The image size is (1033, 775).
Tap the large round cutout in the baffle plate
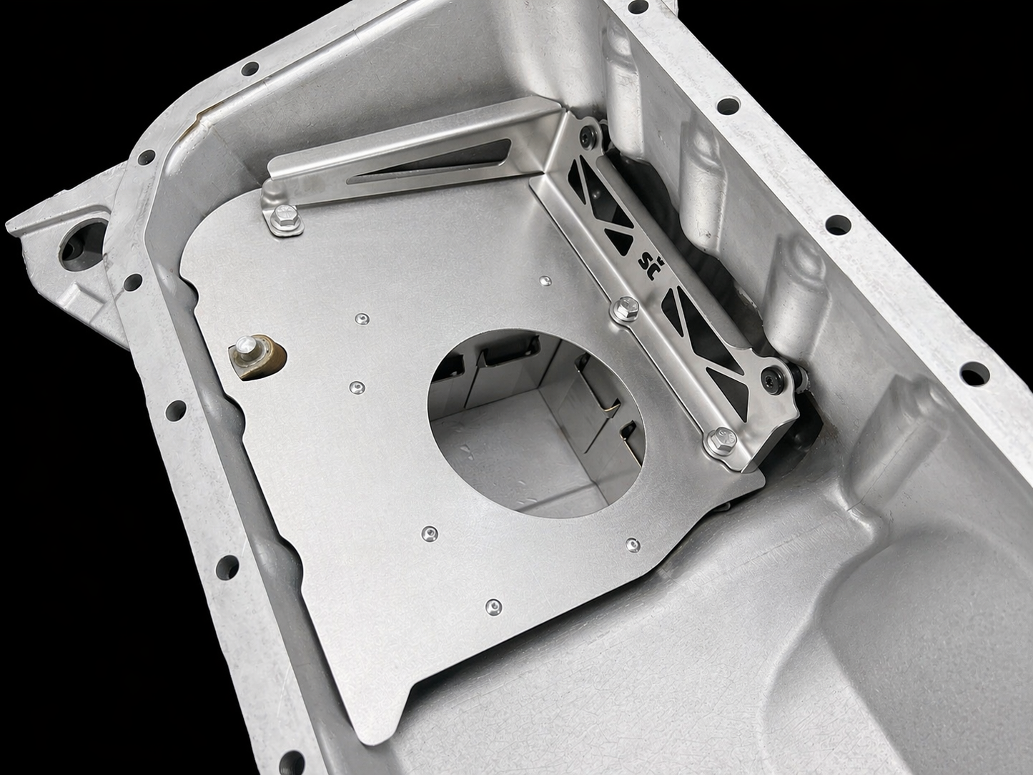click(536, 423)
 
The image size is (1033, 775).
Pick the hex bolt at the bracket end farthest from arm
click(721, 440)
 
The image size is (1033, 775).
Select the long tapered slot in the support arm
click(429, 161)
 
